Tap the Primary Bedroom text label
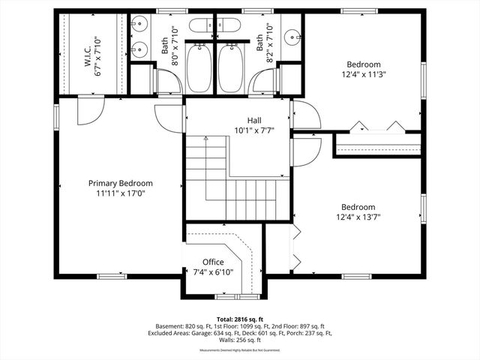120,183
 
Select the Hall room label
254,120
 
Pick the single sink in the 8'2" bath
292,34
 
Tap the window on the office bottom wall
221,297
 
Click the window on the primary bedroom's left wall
56,116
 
